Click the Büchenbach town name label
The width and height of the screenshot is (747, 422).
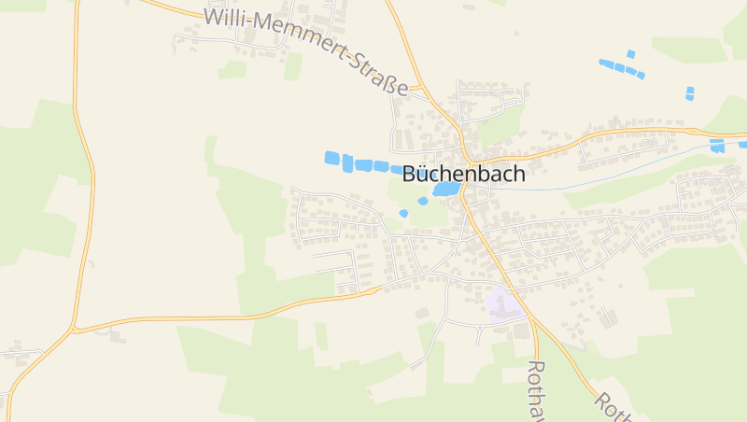point(464,174)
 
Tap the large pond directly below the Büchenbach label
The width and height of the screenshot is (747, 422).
point(445,190)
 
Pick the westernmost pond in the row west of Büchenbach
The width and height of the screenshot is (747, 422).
point(331,158)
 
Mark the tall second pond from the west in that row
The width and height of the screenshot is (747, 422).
point(347,164)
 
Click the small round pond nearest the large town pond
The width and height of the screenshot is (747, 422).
point(423,201)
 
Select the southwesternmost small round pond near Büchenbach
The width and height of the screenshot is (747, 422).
point(403,214)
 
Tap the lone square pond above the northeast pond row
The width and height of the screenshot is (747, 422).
point(631,54)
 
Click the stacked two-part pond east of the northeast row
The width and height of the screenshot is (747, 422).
point(690,92)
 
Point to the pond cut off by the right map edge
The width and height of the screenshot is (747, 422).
point(742,145)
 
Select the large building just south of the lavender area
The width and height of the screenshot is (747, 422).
point(519,330)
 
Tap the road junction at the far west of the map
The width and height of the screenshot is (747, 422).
point(74,330)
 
